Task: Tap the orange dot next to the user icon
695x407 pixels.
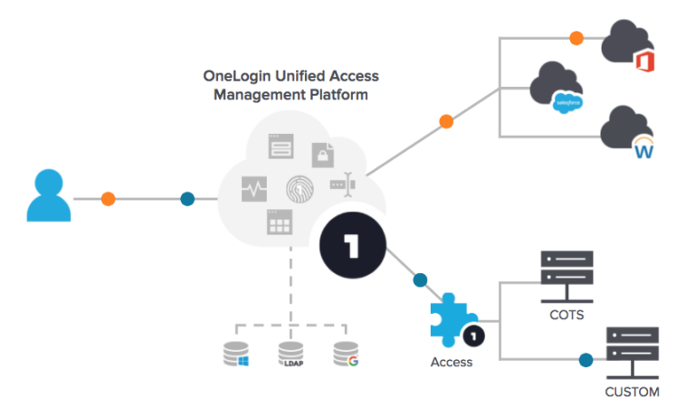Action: coord(109,198)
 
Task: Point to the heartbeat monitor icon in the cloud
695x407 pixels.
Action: coord(254,189)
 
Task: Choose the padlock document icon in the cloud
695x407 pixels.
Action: coord(323,155)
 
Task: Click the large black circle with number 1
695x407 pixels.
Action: coord(353,248)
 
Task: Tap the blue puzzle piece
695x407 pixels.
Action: coord(453,318)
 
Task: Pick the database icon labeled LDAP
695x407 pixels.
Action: coord(290,354)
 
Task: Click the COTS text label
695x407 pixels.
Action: coord(566,316)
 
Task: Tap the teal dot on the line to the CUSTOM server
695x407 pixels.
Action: coord(586,360)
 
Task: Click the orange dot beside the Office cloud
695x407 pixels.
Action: coord(575,39)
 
